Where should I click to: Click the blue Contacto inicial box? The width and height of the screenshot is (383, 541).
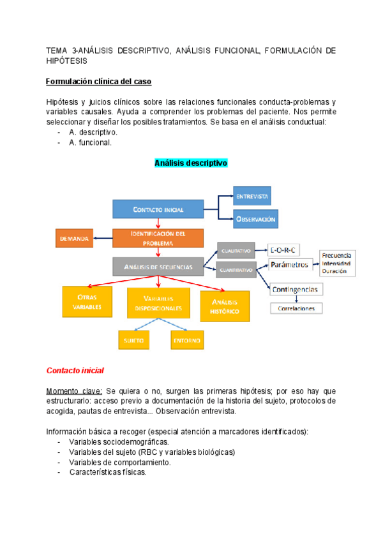(x=158, y=209)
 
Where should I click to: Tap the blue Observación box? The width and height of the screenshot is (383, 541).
(x=255, y=219)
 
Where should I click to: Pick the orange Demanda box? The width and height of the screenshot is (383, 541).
(x=74, y=238)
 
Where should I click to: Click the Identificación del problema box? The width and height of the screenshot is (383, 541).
(x=158, y=238)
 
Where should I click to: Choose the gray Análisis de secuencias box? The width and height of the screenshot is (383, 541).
(x=158, y=266)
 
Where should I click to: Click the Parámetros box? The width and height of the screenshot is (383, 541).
(x=289, y=264)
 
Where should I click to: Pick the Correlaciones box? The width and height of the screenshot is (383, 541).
(x=297, y=308)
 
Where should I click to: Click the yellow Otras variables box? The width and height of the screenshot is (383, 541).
(x=87, y=302)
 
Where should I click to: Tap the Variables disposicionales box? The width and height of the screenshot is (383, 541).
(x=158, y=303)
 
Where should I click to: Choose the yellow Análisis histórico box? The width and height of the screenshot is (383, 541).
(x=225, y=306)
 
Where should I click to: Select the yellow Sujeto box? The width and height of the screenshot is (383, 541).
(x=134, y=340)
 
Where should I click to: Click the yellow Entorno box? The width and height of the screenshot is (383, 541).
(x=186, y=340)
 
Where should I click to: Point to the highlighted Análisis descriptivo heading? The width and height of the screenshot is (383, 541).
(x=191, y=163)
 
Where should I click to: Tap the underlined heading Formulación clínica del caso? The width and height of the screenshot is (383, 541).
(x=98, y=82)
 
